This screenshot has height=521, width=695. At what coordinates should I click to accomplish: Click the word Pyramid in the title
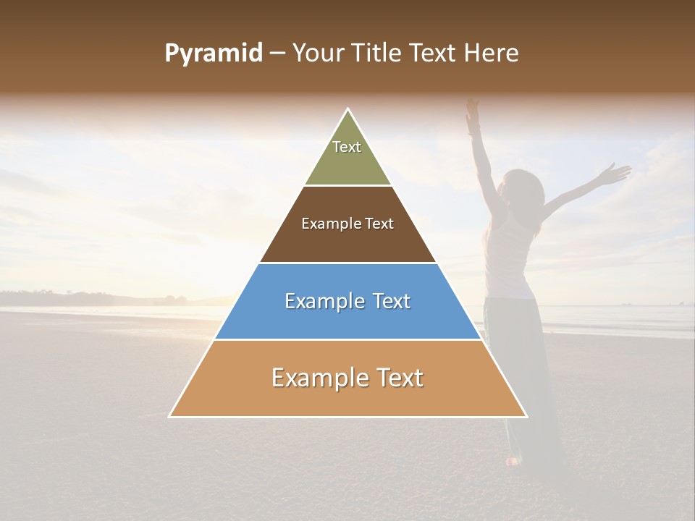(213, 53)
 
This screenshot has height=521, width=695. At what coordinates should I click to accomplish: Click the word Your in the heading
(318, 53)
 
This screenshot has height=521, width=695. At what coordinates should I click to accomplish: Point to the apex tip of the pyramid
(348, 109)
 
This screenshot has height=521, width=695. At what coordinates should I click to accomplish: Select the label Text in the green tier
(347, 147)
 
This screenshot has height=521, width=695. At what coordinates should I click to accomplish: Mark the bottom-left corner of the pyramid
(169, 417)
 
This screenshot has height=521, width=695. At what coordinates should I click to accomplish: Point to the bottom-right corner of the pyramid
(526, 417)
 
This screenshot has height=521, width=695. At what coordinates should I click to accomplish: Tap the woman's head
(529, 190)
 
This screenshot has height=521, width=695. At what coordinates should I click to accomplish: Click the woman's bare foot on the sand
(513, 459)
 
